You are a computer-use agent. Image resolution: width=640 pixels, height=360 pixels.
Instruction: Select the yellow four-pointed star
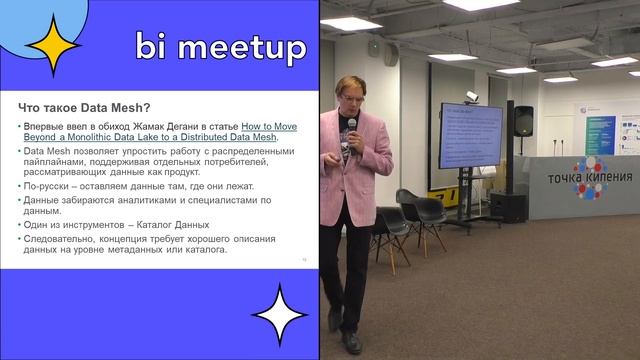pos(52,44)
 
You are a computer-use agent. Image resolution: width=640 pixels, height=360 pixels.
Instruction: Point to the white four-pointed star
pos(279,314)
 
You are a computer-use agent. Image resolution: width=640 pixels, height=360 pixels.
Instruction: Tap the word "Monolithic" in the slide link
pos(110,137)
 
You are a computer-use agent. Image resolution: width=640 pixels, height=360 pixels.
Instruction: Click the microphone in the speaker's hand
pos(351,126)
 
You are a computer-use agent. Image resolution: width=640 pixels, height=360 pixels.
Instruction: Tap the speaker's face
pos(353,97)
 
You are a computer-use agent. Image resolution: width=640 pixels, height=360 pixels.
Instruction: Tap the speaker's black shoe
pos(352,341)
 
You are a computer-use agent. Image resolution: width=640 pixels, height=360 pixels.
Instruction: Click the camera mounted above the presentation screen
pos(471,97)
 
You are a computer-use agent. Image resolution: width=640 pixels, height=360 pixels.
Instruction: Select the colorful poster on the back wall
pos(599,135)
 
